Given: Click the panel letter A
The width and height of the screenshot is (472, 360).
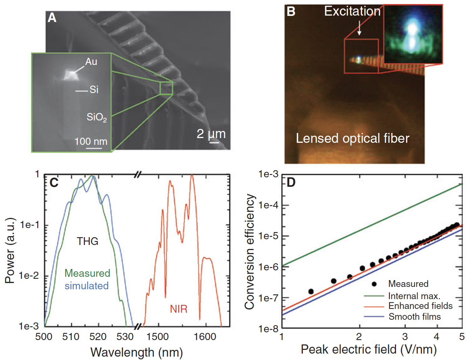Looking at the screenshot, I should coord(52,18).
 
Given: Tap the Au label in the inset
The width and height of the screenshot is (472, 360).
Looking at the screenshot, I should coord(91,62).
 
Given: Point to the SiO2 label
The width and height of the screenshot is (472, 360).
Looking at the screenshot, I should coord(96,117).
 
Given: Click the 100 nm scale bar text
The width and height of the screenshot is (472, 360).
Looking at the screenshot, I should coord(91,141).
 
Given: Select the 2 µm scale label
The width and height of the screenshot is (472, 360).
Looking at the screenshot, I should coord(211,134).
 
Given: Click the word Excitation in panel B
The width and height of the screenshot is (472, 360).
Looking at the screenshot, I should coord(352,12).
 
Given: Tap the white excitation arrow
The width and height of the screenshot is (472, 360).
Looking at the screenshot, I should coord(359,27).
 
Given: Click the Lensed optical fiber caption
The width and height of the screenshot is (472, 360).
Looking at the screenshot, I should coord(352,138).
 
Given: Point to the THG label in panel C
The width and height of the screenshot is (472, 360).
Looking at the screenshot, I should coord(87,241).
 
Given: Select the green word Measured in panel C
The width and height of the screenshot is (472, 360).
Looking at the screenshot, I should coord(87,273).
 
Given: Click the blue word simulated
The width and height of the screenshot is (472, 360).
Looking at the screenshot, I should coord(87,286).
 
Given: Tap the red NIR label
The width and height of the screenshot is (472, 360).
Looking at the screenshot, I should coord(179,309).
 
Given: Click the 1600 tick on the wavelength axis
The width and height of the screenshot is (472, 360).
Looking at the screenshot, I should coord(205,337).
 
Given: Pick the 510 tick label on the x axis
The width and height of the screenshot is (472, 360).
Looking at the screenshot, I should coord(71,337).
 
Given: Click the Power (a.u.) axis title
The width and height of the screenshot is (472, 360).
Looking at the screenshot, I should coord(10,250).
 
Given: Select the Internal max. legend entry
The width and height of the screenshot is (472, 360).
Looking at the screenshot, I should coord(414,296).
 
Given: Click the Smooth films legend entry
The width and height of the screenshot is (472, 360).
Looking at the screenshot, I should coord(415,317).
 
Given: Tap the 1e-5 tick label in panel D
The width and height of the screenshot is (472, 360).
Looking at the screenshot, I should coord(268,236).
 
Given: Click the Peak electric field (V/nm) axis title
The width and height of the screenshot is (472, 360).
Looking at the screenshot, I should coord(369,349).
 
